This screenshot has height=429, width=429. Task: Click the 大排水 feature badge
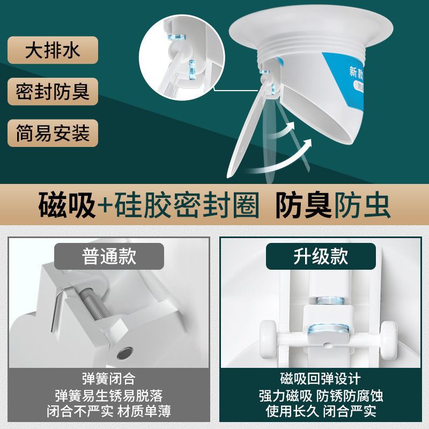click(x=53, y=50)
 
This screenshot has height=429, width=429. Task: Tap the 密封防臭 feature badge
click(x=53, y=91)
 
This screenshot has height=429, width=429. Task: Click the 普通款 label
click(x=109, y=256)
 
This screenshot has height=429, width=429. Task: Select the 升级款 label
click(x=321, y=256)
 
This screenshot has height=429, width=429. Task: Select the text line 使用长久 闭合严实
click(x=321, y=412)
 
